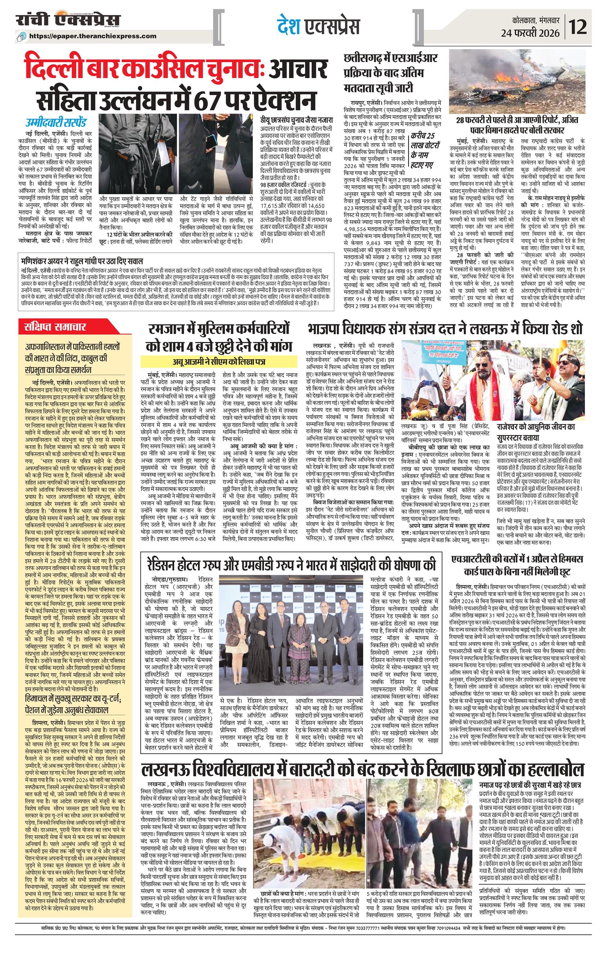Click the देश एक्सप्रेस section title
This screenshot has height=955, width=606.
[318, 27]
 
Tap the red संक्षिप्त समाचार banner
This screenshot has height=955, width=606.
[56, 327]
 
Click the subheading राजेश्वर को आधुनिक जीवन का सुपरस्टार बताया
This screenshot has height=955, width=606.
[535, 432]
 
